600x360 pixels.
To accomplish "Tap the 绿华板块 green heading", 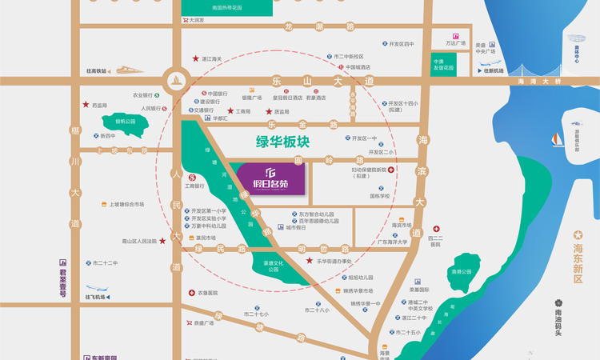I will (x=284, y=142).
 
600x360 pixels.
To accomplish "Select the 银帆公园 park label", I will (x=125, y=121).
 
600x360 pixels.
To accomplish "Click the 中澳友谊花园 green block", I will (x=443, y=64).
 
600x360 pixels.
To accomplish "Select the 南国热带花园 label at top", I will (x=216, y=8).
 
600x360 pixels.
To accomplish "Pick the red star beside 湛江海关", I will (x=195, y=58).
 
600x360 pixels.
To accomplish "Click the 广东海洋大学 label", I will (x=393, y=242).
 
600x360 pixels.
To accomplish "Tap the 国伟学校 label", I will (x=380, y=195).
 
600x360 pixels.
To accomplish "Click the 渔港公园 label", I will (x=461, y=272).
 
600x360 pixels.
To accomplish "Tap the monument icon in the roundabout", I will (x=175, y=80).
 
